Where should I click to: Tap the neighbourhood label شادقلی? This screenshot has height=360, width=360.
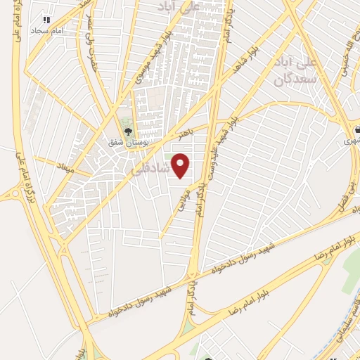[150, 170]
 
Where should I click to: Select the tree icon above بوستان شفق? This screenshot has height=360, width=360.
[128, 130]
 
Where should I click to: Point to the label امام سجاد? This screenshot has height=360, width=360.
[46, 31]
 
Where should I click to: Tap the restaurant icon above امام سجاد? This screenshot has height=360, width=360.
[47, 20]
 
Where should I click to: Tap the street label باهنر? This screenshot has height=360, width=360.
[185, 131]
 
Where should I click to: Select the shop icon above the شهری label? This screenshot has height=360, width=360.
[357, 129]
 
